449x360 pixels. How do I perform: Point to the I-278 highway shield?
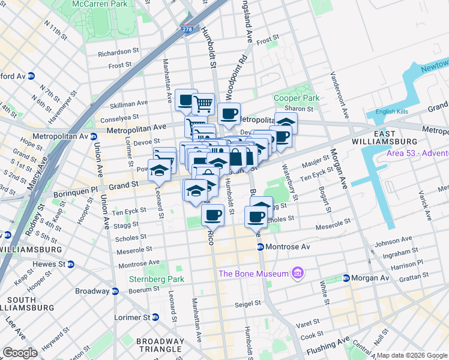pyautogui.click(x=188, y=29)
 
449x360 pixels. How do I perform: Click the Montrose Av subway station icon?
pyautogui.click(x=261, y=247)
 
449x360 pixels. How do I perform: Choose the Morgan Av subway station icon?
pyautogui.click(x=346, y=278)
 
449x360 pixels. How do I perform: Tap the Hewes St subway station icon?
pyautogui.click(x=70, y=264)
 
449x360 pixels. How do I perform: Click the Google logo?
pyautogui.click(x=20, y=353)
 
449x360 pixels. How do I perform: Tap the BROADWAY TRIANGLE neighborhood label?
pyautogui.click(x=159, y=345)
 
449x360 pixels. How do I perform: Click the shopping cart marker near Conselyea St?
pyautogui.click(x=203, y=104)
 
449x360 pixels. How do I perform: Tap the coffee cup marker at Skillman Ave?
pyautogui.click(x=187, y=100)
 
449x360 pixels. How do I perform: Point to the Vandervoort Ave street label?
pyautogui.click(x=340, y=96)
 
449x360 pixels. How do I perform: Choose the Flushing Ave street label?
pyautogui.click(x=327, y=346)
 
